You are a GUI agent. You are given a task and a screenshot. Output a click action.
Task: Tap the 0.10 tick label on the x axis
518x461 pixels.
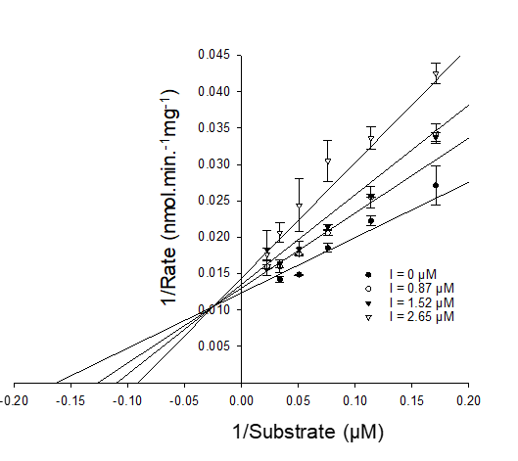[x=355, y=399]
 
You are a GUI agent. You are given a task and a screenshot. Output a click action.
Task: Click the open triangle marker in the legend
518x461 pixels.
[x=367, y=317]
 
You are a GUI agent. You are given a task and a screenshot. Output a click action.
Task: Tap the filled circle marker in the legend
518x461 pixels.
[x=367, y=276]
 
